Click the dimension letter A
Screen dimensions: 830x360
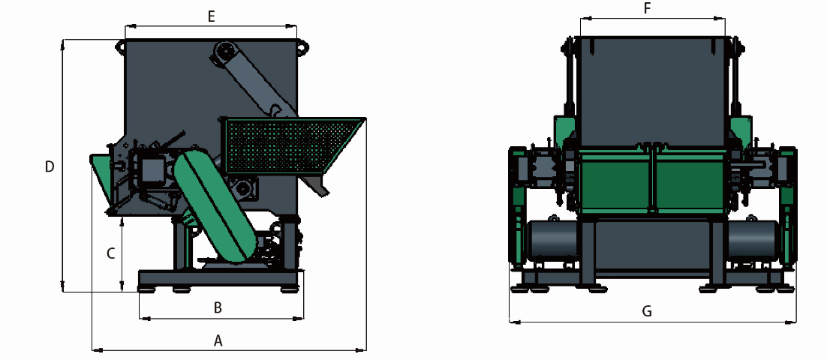click(x=218, y=341)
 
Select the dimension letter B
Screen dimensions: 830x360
click(x=218, y=307)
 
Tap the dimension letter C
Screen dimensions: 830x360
click(x=110, y=253)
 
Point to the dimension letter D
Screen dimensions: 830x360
click(x=50, y=167)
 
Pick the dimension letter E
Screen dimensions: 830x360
click(x=211, y=17)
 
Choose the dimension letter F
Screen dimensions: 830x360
click(x=647, y=9)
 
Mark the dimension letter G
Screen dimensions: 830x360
click(x=647, y=311)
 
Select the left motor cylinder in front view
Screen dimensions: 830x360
click(x=552, y=239)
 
